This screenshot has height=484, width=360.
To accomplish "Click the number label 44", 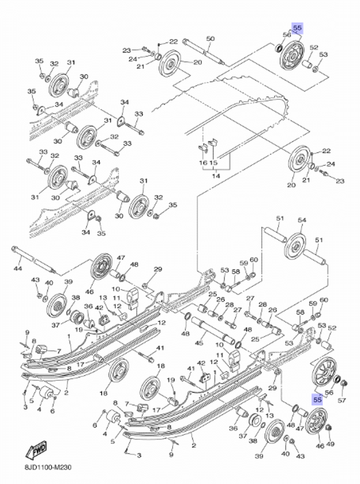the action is (x=18, y=268).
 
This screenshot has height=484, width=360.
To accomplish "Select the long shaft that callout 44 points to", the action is (x=33, y=260).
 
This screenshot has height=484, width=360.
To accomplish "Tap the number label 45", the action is (x=199, y=343).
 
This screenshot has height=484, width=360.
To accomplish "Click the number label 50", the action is (x=211, y=39).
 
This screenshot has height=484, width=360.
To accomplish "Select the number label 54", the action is (x=302, y=220).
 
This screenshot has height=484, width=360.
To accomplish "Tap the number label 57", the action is (x=342, y=400).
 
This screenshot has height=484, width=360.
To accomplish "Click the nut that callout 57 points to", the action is (x=344, y=383).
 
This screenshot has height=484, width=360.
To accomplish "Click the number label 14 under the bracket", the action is (x=216, y=176).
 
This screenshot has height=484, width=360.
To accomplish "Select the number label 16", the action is (x=203, y=163).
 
